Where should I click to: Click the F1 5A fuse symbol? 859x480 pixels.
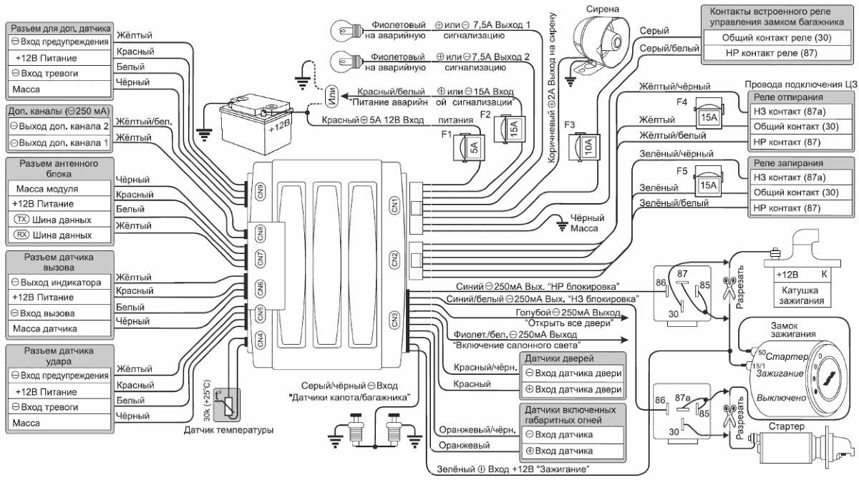click(472, 147)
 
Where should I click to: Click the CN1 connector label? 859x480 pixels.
click(394, 204)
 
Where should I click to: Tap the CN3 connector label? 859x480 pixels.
click(394, 319)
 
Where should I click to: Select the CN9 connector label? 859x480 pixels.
click(261, 192)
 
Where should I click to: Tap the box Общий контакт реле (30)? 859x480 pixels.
click(777, 37)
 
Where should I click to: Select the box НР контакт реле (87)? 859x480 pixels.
click(777, 53)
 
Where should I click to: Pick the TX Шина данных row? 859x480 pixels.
click(59, 220)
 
